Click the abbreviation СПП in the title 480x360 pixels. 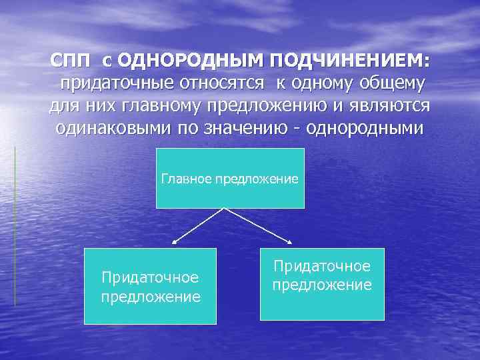coord(72,61)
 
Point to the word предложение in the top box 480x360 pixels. coord(257,179)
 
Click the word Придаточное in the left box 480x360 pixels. coord(150,277)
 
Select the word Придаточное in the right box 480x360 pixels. coord(322,267)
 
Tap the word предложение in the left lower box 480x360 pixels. coord(150,297)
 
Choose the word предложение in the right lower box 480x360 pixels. coord(322,285)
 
